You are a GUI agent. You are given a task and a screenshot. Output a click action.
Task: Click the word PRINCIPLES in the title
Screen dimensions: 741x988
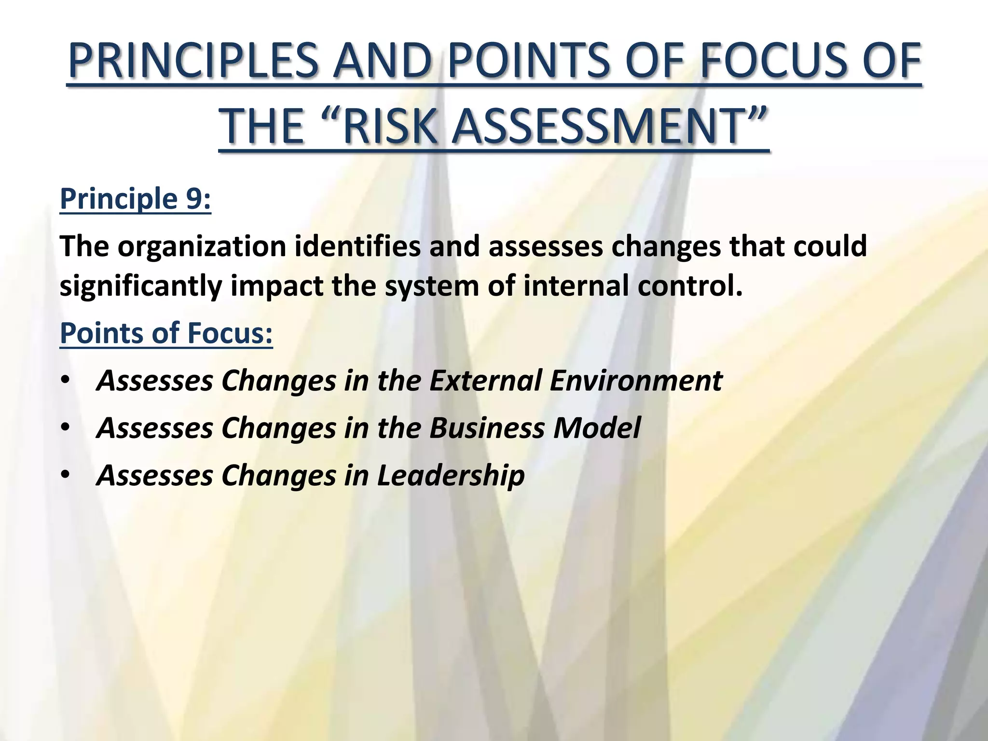(193, 61)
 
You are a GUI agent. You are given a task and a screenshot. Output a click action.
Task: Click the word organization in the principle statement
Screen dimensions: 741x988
(202, 247)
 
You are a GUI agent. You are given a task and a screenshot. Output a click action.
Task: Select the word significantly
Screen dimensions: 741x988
(140, 286)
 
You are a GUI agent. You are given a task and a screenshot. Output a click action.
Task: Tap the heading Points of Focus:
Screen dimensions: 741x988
(166, 333)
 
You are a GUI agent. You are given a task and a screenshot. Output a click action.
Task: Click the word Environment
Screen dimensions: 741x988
(636, 380)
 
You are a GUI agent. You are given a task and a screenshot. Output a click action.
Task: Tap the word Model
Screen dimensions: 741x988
(597, 427)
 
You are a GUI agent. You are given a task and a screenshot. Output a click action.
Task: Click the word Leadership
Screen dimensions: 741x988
(451, 475)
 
